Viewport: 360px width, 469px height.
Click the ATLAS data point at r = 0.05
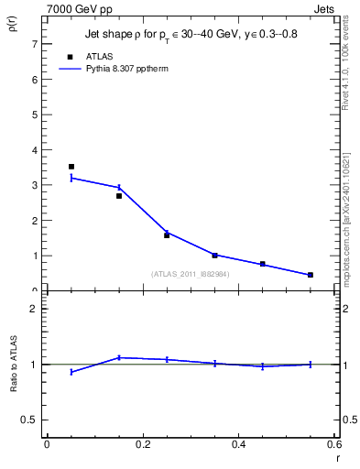click(71, 167)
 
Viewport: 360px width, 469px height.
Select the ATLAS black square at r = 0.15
click(119, 196)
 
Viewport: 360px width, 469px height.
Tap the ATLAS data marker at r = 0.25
click(167, 235)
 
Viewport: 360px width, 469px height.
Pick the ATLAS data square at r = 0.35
click(214, 256)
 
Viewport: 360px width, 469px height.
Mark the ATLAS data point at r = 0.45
click(262, 264)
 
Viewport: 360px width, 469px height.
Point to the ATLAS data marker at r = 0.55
click(310, 275)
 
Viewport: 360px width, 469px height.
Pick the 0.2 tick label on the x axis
click(143, 444)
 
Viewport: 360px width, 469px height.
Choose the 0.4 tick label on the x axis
click(238, 444)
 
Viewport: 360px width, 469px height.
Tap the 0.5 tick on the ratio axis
click(29, 420)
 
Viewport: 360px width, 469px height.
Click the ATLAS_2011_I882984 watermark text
click(191, 273)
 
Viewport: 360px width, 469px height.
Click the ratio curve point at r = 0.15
click(119, 357)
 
